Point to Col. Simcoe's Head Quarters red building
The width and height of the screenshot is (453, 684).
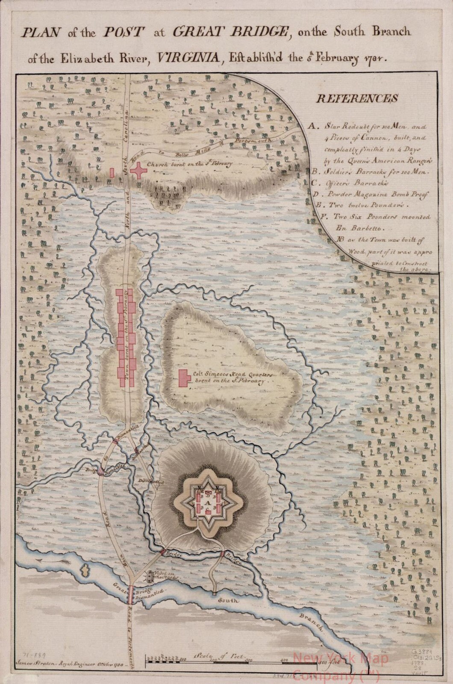[x=185, y=377]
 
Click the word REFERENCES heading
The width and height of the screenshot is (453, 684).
[x=357, y=98]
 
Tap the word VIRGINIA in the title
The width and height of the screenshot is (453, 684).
[x=186, y=59]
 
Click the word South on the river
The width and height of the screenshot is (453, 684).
[x=228, y=600]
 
